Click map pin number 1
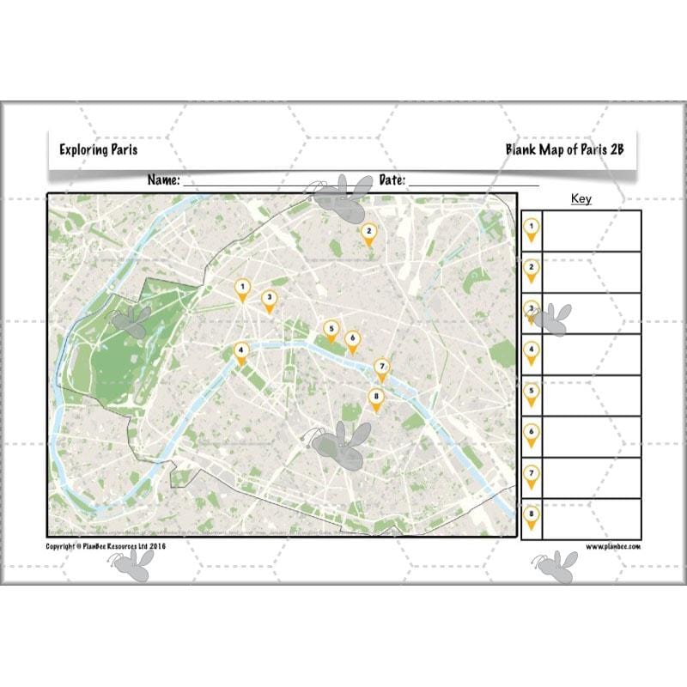243,289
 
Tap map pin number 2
368,233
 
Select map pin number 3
269,300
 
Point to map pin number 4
241,352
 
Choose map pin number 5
331,330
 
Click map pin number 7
382,368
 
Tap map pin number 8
375,398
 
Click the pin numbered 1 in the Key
532,228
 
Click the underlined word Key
581,199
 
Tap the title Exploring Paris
98,149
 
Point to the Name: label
163,180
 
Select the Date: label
392,180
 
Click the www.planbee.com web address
614,546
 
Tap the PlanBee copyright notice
106,546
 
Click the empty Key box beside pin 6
593,436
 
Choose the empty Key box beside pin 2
593,271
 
